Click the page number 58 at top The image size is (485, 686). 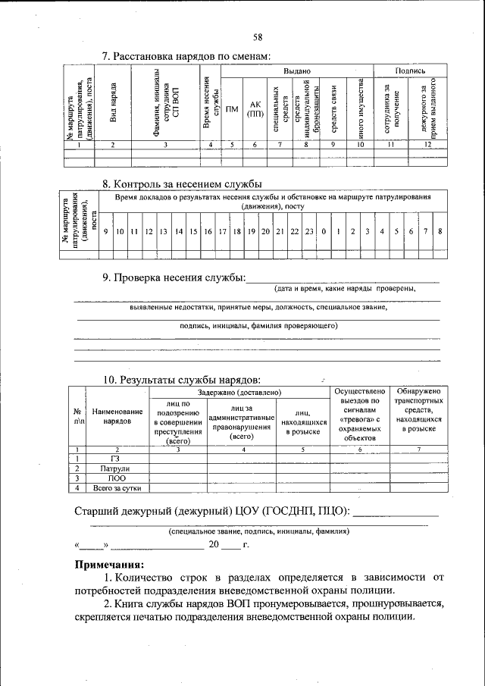[258, 37]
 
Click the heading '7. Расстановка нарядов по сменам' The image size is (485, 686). [186, 56]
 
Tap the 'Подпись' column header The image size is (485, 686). [409, 70]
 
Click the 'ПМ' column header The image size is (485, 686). [233, 108]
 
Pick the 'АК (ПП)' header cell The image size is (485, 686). [255, 108]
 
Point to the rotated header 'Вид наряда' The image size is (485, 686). [113, 102]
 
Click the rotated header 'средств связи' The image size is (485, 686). [333, 106]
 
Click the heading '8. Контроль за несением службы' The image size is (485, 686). [182, 183]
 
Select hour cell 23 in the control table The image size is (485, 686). [309, 230]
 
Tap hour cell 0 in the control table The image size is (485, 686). [324, 230]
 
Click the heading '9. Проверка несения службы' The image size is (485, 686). [174, 278]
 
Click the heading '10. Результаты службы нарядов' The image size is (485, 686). [183, 379]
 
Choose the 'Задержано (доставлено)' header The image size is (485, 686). [240, 393]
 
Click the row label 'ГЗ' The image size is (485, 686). [115, 459]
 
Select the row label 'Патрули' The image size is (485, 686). [115, 468]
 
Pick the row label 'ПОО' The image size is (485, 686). [115, 478]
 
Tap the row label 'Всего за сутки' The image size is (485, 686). [115, 488]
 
